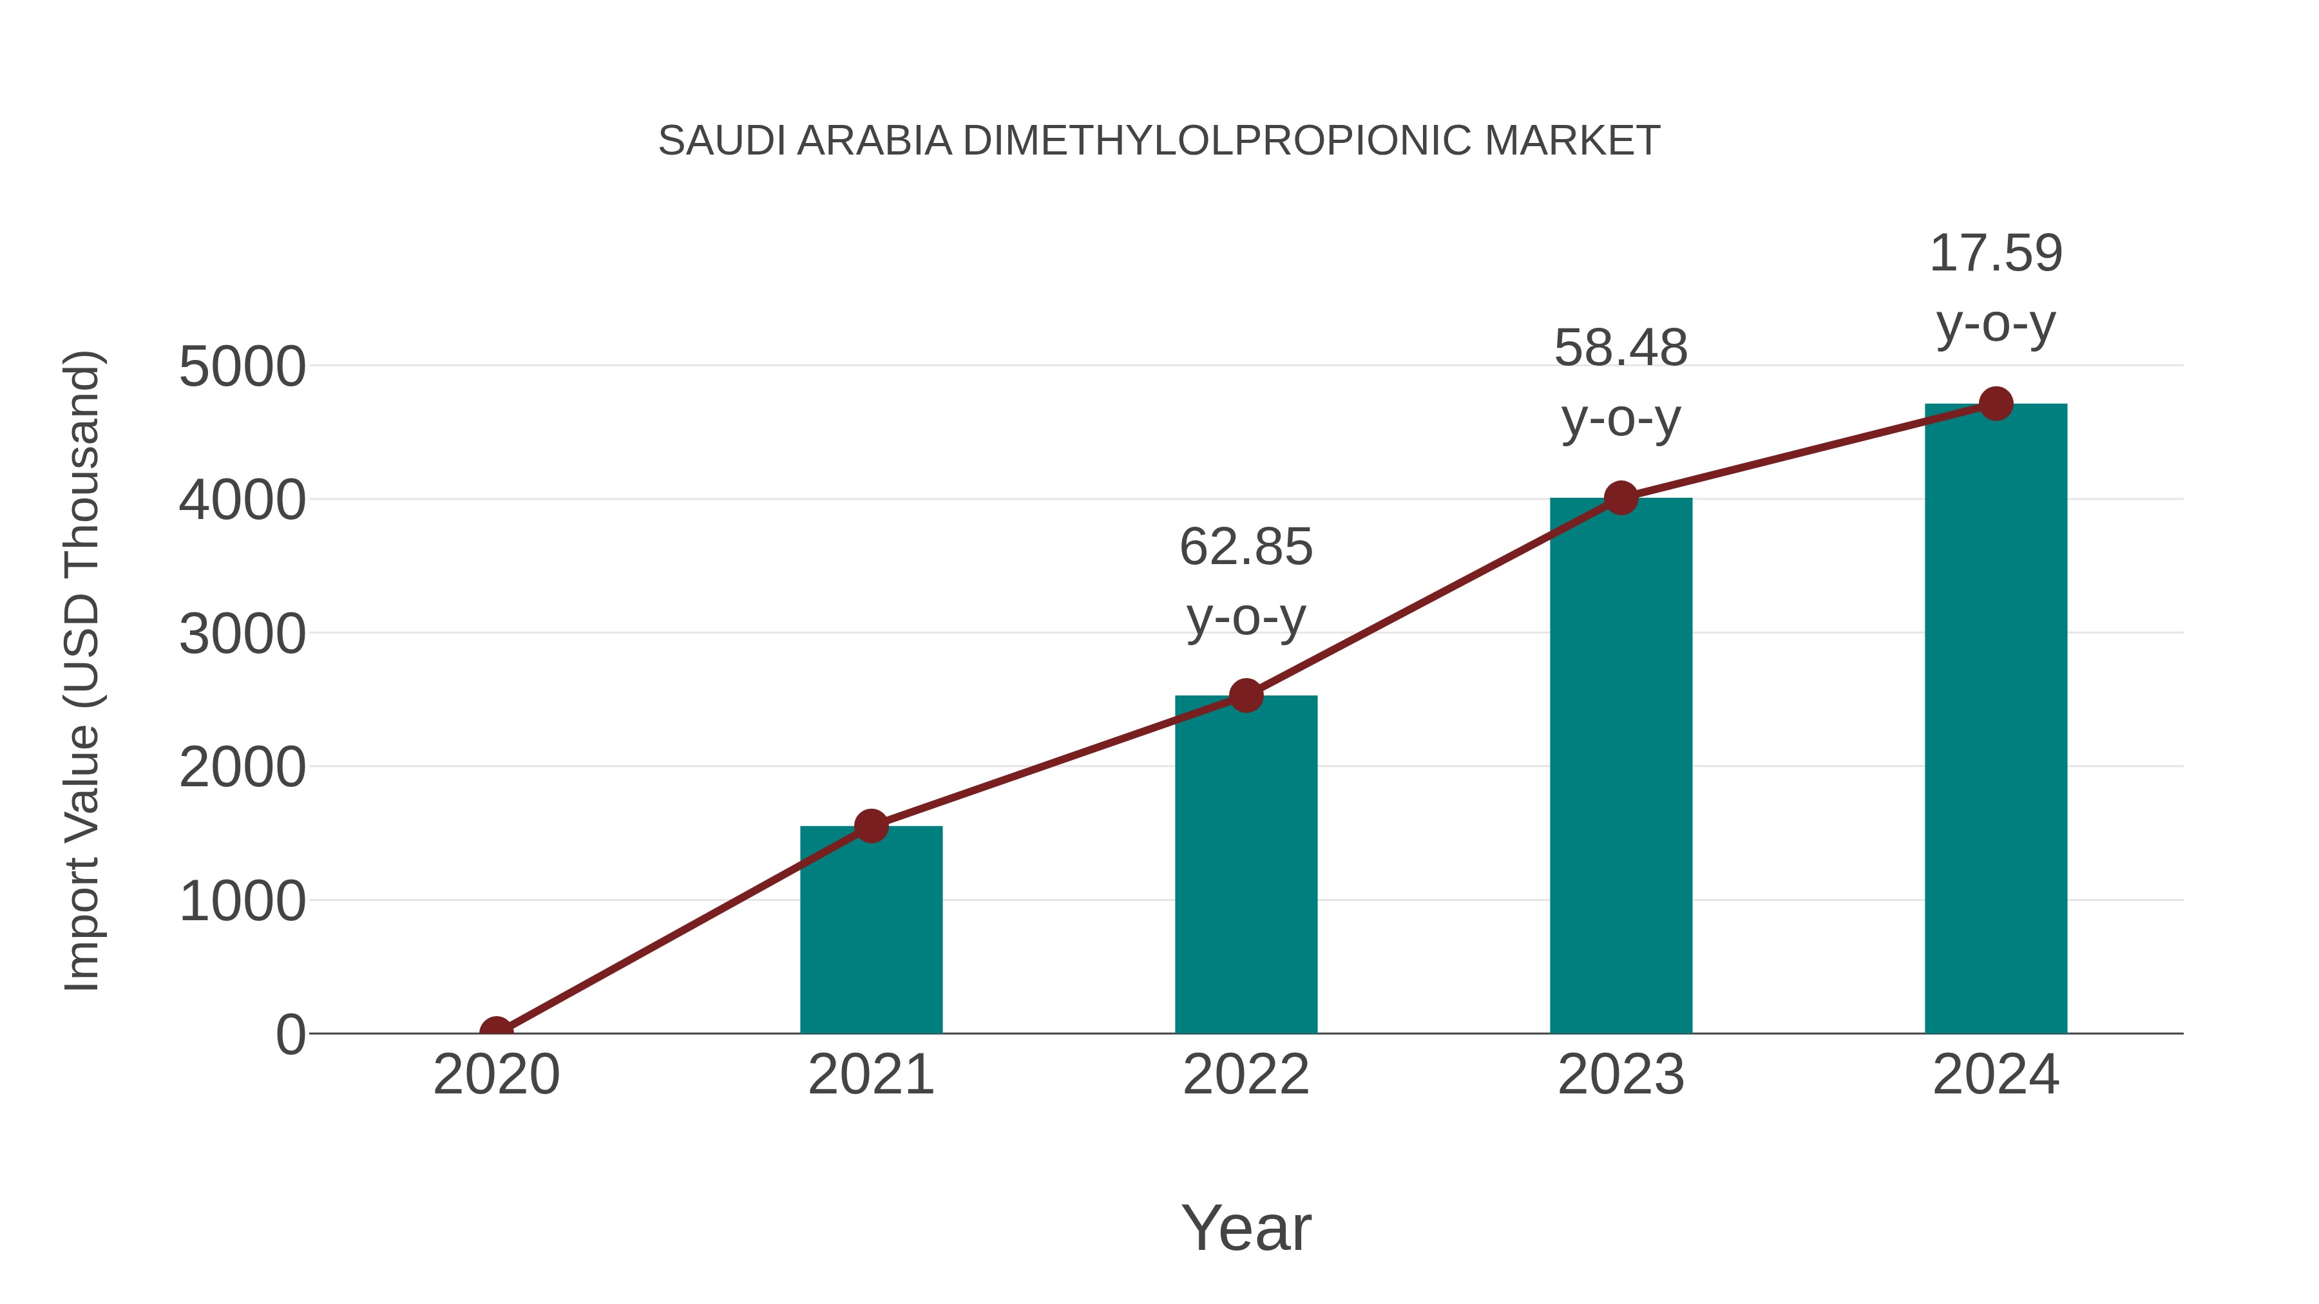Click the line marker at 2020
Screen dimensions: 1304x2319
coord(496,1032)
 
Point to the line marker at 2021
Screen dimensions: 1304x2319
coord(870,826)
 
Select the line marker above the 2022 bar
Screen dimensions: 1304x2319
coord(1246,695)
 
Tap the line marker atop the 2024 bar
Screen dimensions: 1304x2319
coord(1996,403)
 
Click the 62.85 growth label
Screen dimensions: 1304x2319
coord(1246,547)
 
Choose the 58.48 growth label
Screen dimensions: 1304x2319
coord(1621,348)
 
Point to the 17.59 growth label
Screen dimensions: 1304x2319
coord(1996,254)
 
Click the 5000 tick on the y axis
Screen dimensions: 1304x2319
coord(242,367)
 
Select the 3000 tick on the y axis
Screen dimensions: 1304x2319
coord(242,634)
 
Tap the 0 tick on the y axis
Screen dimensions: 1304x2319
coord(290,1035)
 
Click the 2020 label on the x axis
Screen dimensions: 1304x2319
coord(496,1075)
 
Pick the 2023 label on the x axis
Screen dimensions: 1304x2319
coord(1621,1075)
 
